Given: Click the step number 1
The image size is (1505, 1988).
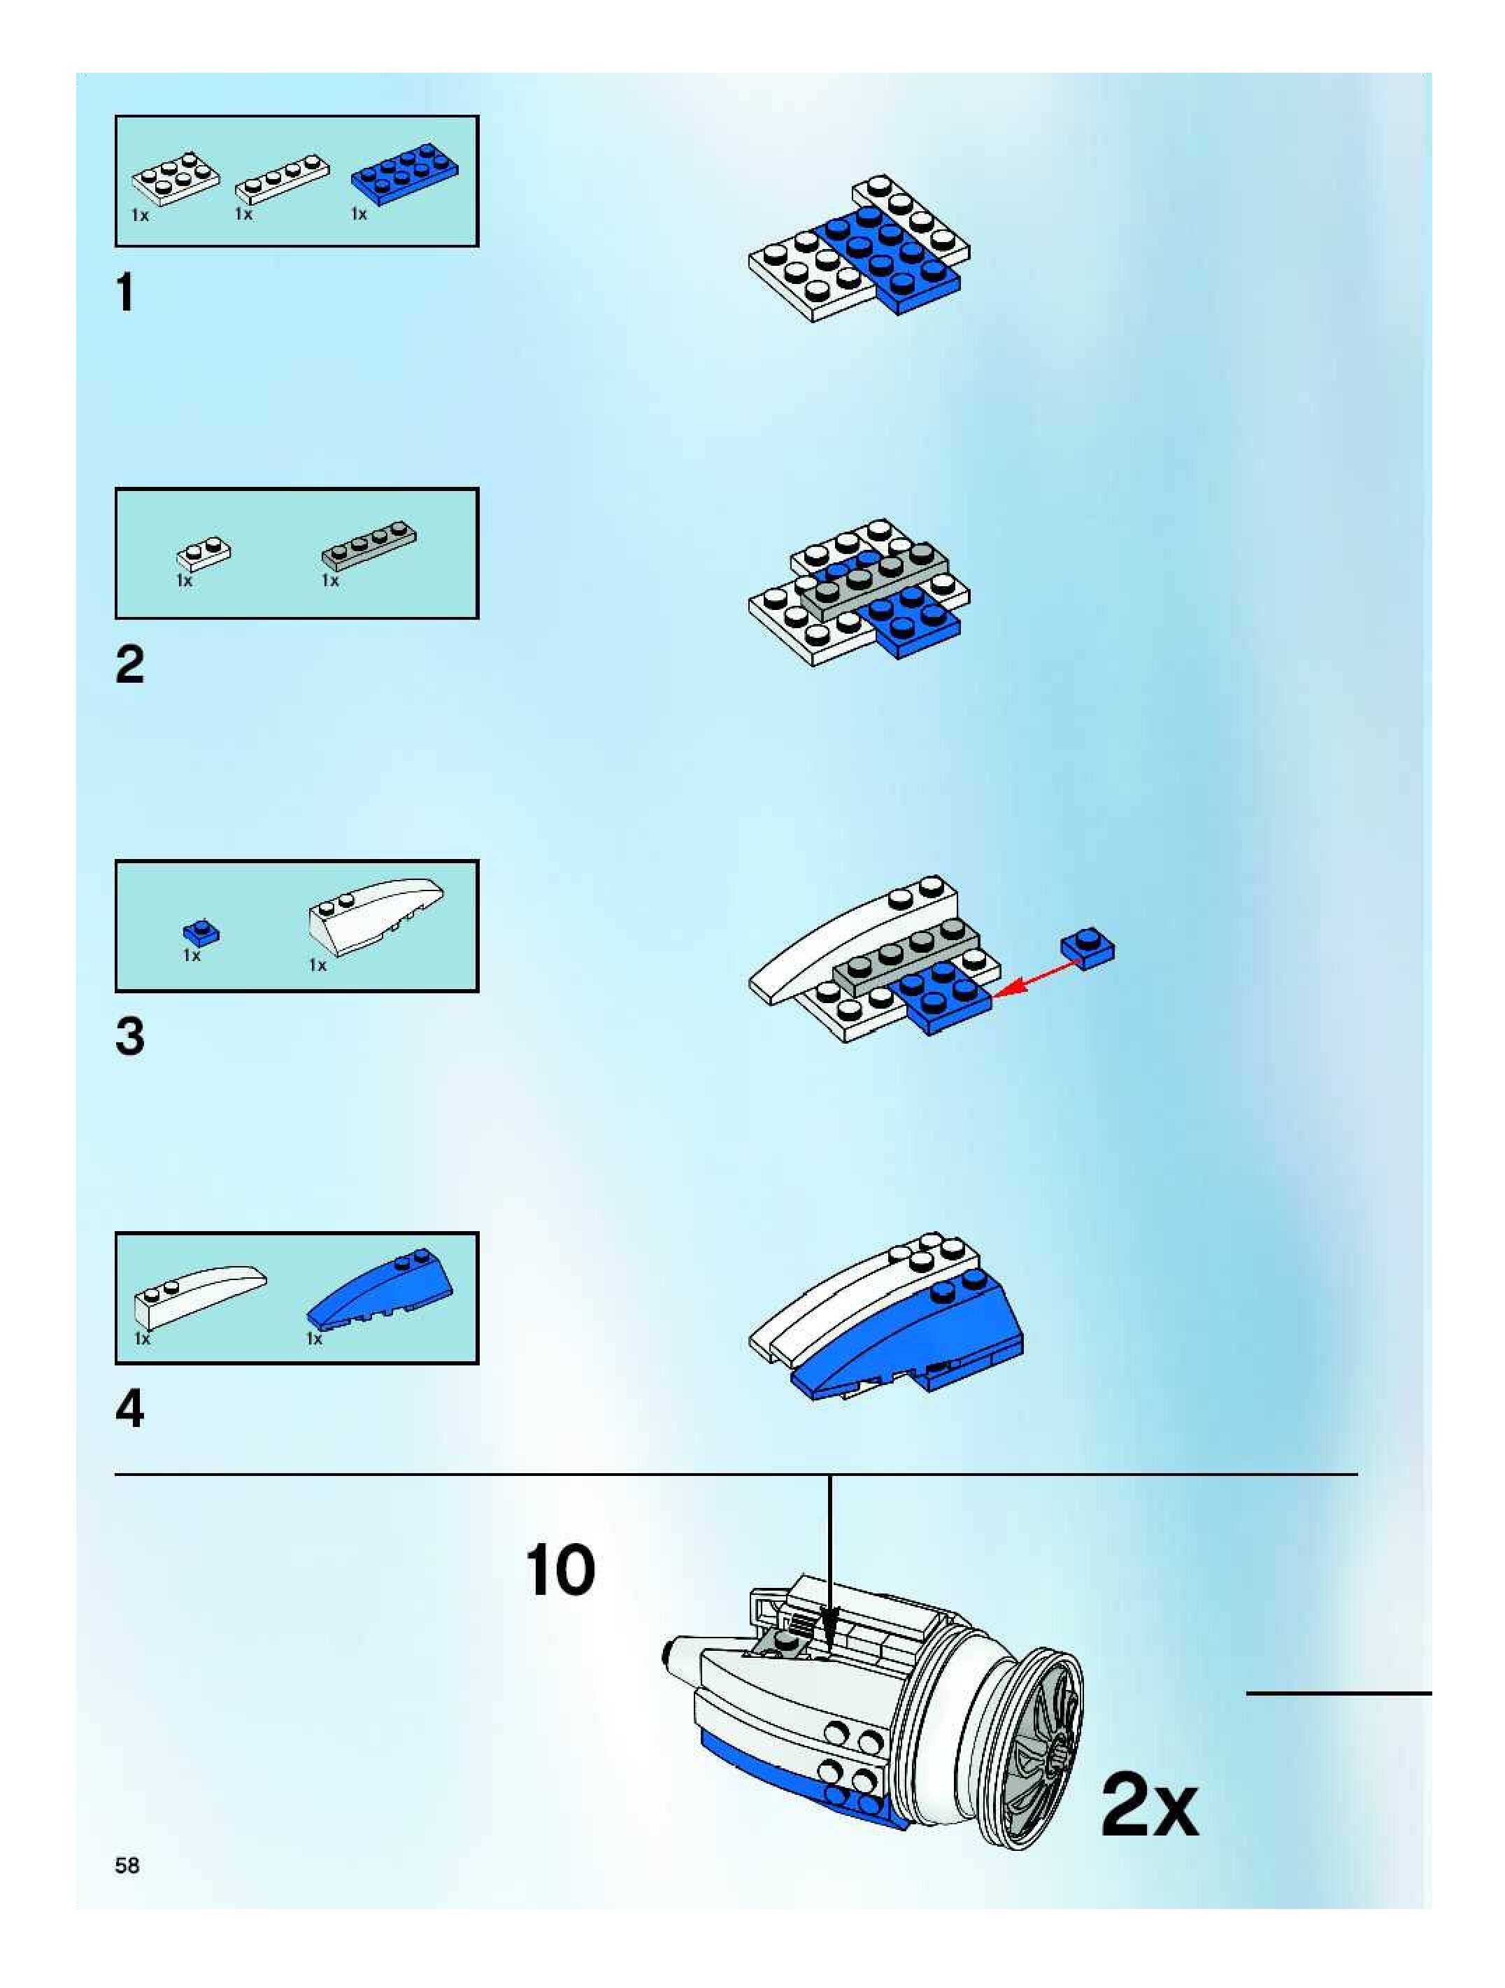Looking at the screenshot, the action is (126, 293).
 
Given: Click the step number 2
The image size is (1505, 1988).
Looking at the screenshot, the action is (129, 665).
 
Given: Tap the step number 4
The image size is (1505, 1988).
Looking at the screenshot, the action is (129, 1410).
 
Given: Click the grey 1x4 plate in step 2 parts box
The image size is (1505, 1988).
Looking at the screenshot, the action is (369, 544).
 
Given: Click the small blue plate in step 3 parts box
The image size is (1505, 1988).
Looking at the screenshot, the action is (201, 933).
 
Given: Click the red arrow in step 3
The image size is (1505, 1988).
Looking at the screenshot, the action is (1038, 977).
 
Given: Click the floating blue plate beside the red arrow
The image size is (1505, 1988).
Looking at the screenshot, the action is (1087, 948).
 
